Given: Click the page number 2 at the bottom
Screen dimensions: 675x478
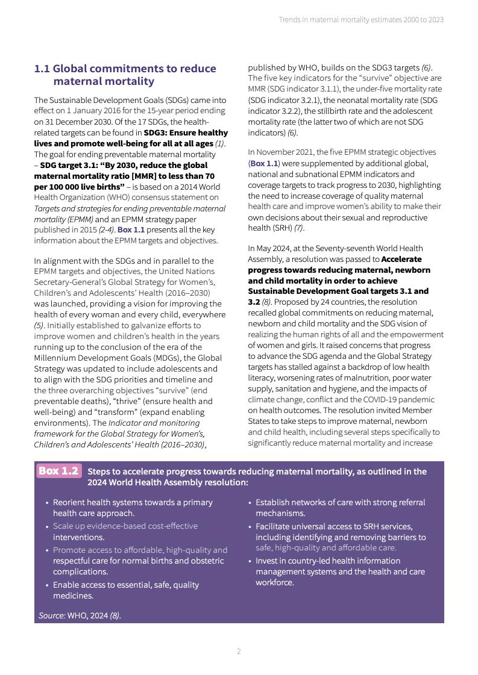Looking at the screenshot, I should point(239,652).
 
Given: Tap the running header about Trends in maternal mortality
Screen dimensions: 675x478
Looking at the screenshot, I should point(361,20).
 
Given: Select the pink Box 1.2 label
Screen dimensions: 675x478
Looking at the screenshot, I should point(58,471).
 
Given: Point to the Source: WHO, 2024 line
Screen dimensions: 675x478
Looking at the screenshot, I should point(80,615).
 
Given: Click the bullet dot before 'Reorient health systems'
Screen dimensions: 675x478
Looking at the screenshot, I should point(48,502).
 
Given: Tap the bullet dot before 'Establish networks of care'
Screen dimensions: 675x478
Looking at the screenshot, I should point(250,502).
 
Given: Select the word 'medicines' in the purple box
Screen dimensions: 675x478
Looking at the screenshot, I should point(73,596).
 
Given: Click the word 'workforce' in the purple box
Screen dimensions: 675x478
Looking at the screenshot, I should point(274,582).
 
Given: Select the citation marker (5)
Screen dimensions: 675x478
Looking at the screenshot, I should point(39,325).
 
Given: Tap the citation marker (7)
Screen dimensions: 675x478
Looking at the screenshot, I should point(299,228).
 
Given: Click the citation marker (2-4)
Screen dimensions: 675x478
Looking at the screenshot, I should point(106,230).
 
